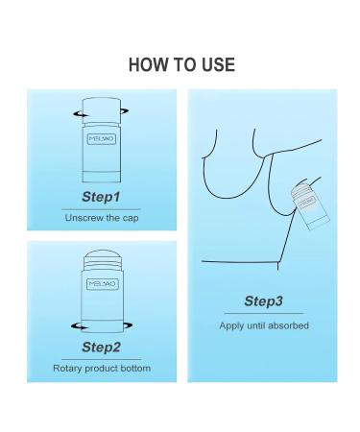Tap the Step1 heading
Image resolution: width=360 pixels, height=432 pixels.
click(x=101, y=197)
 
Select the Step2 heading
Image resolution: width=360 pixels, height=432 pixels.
click(x=101, y=348)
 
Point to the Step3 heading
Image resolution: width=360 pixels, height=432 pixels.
click(x=263, y=301)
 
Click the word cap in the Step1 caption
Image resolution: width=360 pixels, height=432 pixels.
click(x=131, y=219)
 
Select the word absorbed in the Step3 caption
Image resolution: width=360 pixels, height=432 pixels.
click(x=288, y=325)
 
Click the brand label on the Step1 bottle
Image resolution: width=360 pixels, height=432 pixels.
click(x=102, y=139)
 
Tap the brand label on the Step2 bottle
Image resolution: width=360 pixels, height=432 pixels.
click(x=103, y=284)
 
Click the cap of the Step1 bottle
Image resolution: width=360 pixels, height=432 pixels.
click(x=102, y=110)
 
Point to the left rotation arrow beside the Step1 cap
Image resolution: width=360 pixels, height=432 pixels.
click(x=80, y=114)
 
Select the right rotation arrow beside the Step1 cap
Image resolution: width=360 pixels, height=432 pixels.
click(x=125, y=111)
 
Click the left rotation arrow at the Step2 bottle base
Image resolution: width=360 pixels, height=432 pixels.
click(x=79, y=326)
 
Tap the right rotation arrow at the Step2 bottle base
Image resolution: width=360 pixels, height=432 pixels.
click(x=128, y=325)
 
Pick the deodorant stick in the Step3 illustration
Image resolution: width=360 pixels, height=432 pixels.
click(x=309, y=206)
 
